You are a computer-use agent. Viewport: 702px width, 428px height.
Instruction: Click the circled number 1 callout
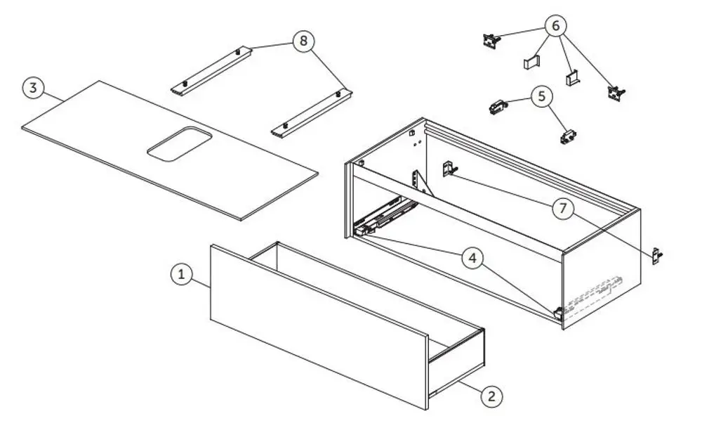pyautogui.click(x=181, y=274)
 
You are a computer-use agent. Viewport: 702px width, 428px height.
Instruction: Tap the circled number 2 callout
pyautogui.click(x=491, y=396)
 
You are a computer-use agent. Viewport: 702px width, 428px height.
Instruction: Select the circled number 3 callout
pyautogui.click(x=33, y=87)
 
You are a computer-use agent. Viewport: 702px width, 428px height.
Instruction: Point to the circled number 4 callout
pyautogui.click(x=473, y=258)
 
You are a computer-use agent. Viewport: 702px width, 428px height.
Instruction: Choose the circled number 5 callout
pyautogui.click(x=542, y=96)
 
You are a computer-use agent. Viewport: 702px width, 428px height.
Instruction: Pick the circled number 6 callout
pyautogui.click(x=555, y=25)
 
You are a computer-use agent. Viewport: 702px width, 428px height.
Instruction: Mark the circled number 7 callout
pyautogui.click(x=563, y=208)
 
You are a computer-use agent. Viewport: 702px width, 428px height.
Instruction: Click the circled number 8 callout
pyautogui.click(x=303, y=41)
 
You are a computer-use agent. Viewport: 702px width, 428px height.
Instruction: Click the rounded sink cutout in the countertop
pyautogui.click(x=179, y=144)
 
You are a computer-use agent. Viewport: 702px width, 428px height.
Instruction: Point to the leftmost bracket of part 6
pyautogui.click(x=491, y=40)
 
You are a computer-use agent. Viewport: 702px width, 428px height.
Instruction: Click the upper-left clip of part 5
pyautogui.click(x=498, y=107)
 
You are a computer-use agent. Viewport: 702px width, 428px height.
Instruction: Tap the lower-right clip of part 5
pyautogui.click(x=568, y=136)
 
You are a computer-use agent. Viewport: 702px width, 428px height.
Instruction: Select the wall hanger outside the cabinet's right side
pyautogui.click(x=657, y=257)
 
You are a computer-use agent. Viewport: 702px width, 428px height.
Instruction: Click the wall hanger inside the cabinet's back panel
pyautogui.click(x=449, y=169)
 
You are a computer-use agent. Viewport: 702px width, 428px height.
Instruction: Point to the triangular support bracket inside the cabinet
pyautogui.click(x=421, y=183)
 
